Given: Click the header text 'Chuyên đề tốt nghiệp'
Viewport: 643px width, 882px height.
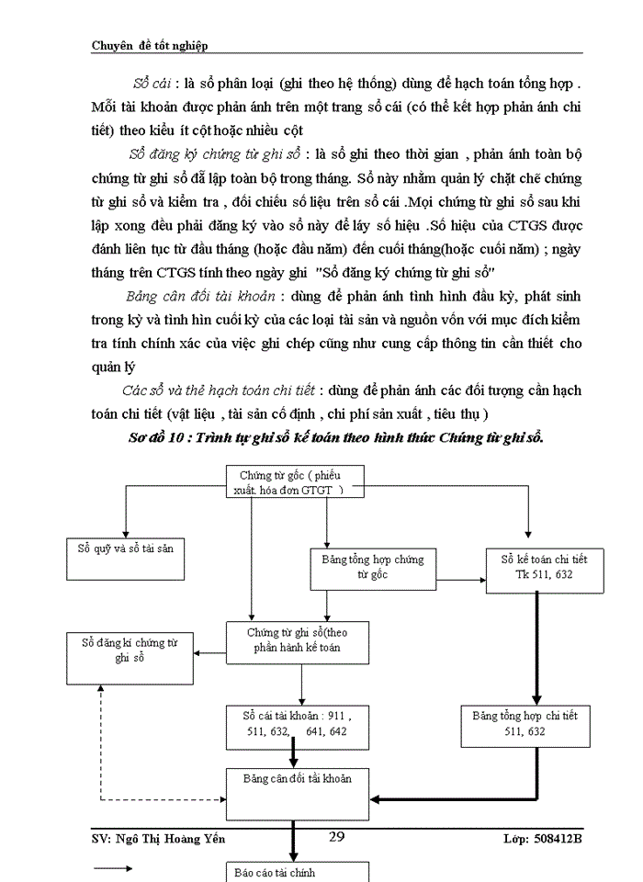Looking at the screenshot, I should pyautogui.click(x=155, y=45).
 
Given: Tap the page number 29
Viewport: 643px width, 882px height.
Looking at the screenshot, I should pyautogui.click(x=335, y=836).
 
